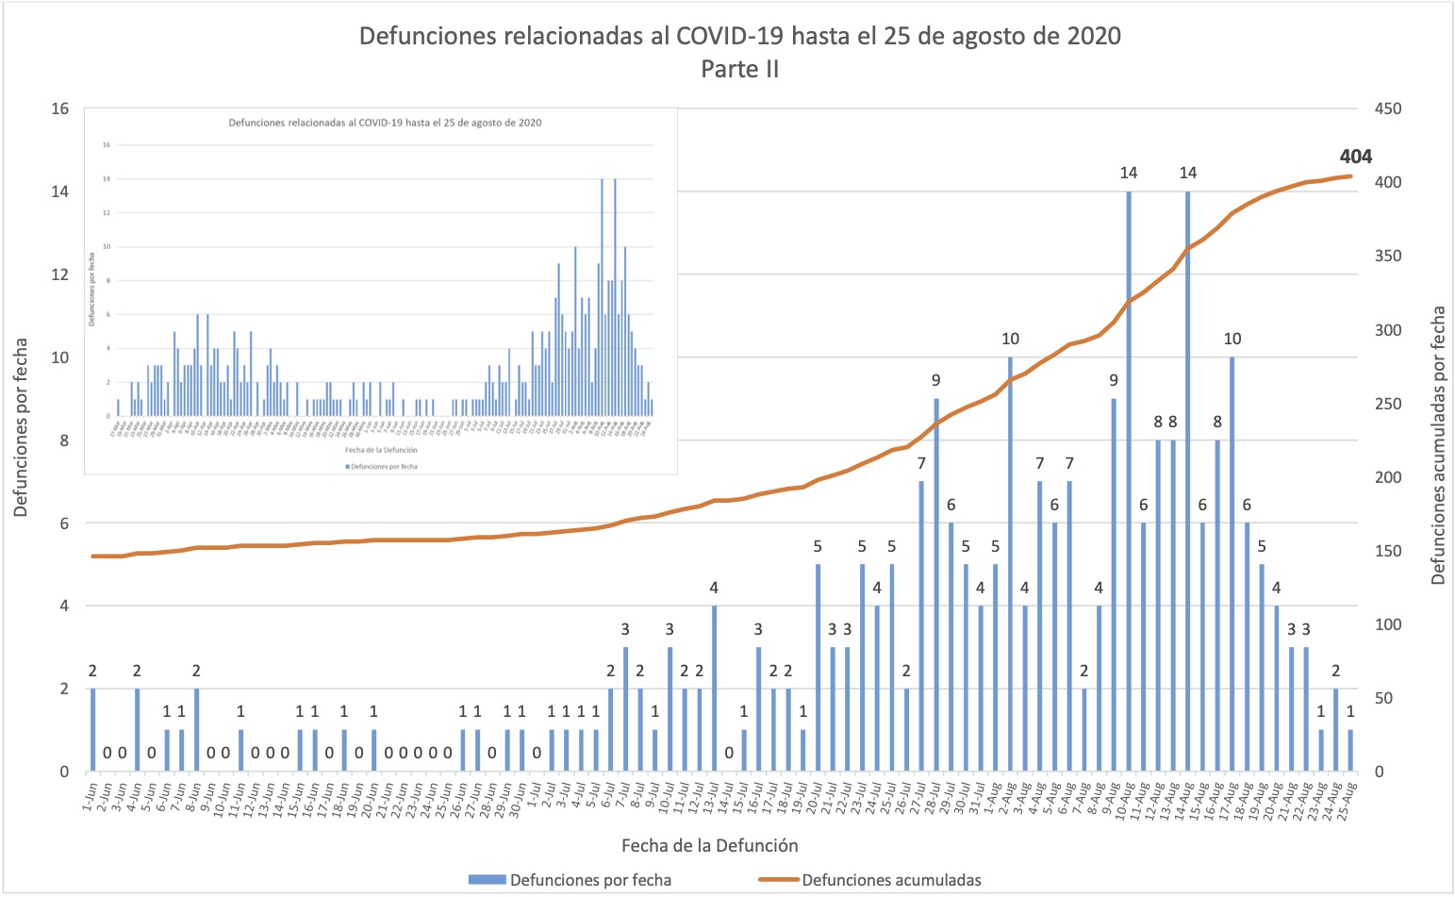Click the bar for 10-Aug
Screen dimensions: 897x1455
(x=1129, y=481)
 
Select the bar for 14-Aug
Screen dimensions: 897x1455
(x=1188, y=481)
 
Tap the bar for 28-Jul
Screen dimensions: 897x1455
(x=936, y=585)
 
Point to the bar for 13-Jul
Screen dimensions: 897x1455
(x=714, y=689)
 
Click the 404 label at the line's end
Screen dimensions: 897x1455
(x=1355, y=157)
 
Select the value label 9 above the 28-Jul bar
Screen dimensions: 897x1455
(x=936, y=380)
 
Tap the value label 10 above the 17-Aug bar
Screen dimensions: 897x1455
(x=1232, y=339)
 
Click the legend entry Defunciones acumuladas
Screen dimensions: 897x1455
(x=891, y=880)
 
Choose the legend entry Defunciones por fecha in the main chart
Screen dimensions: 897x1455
(x=590, y=880)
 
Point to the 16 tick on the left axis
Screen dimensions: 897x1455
(x=60, y=108)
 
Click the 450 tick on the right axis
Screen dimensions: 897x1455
(x=1388, y=108)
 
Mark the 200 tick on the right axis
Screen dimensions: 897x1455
(x=1388, y=477)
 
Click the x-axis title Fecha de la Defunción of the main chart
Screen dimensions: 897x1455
(x=710, y=845)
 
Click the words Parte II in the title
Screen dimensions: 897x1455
(x=740, y=69)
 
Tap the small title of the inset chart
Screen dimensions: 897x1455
(x=385, y=123)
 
